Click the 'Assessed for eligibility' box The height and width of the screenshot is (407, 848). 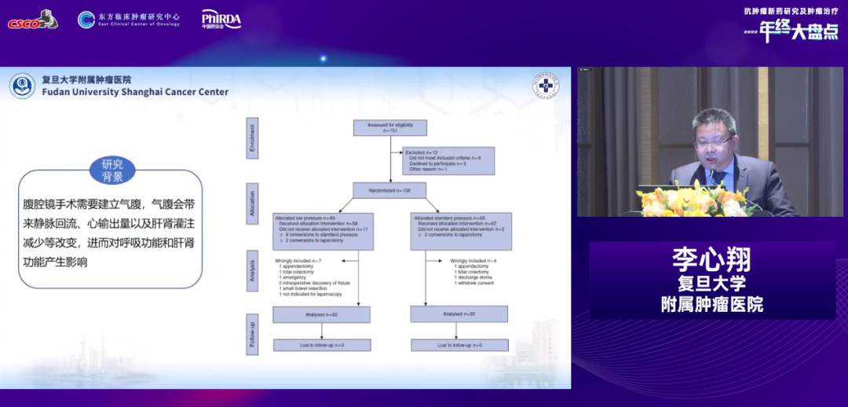390,127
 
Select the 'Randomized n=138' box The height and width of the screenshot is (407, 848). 390,189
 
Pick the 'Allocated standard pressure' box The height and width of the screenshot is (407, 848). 461,223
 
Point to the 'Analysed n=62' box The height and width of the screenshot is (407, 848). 321,314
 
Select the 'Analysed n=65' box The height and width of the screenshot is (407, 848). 459,314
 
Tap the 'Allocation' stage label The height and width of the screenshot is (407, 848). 253,201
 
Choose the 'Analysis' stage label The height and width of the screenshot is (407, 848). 253,266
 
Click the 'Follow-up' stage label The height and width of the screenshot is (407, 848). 253,333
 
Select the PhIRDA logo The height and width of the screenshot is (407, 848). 221,19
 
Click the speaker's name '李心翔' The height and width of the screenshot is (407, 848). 711,259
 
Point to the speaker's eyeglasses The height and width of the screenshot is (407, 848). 713,142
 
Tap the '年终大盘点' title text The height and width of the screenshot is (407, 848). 797,31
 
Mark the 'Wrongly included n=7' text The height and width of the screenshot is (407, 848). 298,260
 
